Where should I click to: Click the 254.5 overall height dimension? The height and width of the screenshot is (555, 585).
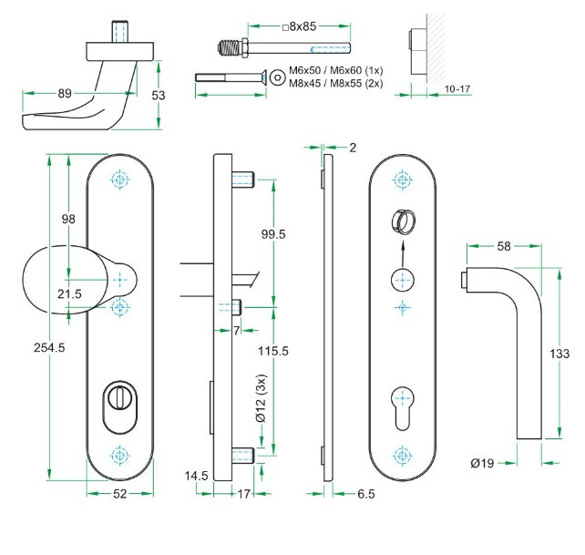(x=26, y=347)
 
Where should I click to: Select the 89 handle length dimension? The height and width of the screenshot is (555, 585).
(x=64, y=92)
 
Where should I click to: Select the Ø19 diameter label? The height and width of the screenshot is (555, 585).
(x=482, y=463)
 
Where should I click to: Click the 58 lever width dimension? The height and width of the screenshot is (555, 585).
(x=503, y=247)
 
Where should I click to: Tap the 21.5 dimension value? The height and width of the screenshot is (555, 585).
(x=70, y=293)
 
